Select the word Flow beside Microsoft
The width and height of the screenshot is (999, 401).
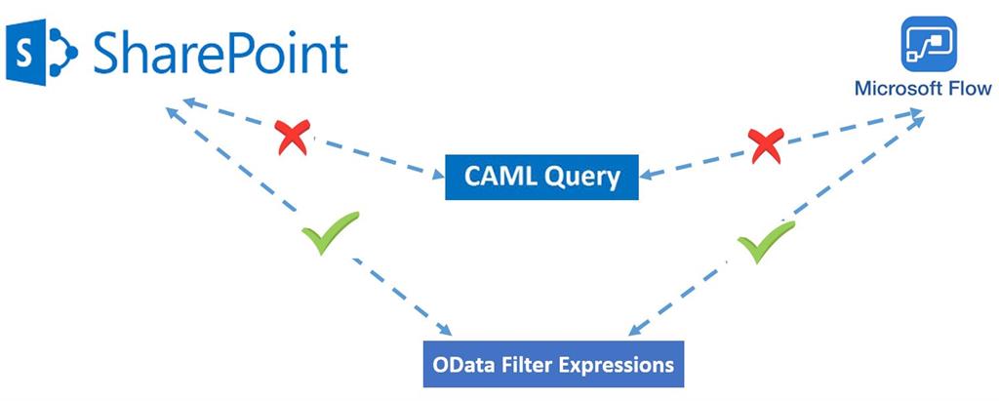coord(970,89)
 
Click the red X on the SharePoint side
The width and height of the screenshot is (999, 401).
coord(292,138)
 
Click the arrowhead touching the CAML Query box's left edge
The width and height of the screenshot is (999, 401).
coord(438,175)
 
